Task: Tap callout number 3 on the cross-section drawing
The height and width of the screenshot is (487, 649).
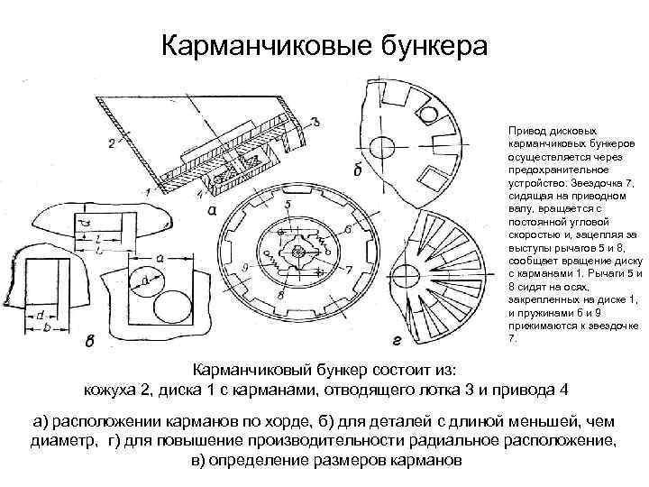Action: [x=314, y=122]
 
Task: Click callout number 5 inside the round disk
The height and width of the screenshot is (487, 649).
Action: [x=286, y=207]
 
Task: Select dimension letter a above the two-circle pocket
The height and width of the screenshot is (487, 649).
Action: [x=160, y=258]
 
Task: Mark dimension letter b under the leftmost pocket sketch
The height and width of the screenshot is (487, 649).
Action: [x=44, y=326]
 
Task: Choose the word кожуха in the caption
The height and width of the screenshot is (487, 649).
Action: [x=114, y=390]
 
